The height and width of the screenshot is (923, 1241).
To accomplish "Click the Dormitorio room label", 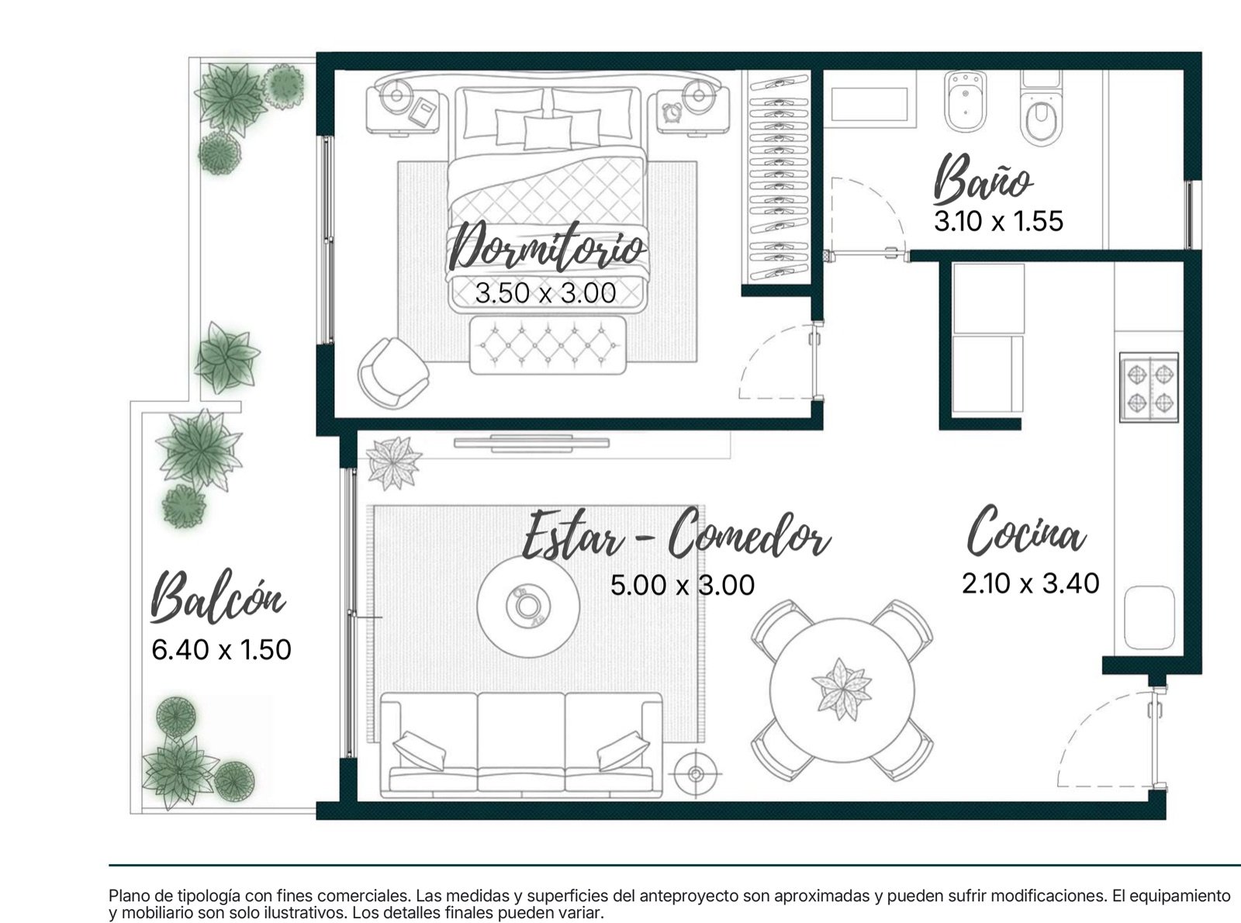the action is [548, 247].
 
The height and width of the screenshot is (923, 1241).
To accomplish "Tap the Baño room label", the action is [982, 179].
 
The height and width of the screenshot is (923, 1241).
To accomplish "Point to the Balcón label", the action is [217, 596].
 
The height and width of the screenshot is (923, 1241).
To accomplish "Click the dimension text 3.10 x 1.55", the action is [998, 221].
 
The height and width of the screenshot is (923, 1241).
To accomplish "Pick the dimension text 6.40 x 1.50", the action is [221, 650].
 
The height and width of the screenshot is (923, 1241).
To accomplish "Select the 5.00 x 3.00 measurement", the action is [682, 586].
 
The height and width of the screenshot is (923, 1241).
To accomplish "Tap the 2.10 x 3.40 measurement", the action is [1031, 583].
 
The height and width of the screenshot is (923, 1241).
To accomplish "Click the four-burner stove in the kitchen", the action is [1149, 387].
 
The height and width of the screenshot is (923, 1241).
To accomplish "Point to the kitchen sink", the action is [1149, 617].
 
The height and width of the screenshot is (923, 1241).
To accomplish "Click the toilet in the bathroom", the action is [1041, 108].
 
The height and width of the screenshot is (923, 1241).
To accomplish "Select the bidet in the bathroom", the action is [966, 102].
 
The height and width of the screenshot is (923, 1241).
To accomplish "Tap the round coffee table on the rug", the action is [527, 607].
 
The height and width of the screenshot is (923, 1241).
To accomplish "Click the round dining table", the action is [842, 690].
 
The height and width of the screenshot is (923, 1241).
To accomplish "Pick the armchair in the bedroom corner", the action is [392, 372].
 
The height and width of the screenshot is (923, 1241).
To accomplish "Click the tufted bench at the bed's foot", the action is [548, 345].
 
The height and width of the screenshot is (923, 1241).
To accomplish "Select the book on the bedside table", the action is [423, 112].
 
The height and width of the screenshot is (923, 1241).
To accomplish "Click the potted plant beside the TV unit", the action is [394, 463].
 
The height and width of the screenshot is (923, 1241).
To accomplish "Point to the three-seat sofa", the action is [521, 745].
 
